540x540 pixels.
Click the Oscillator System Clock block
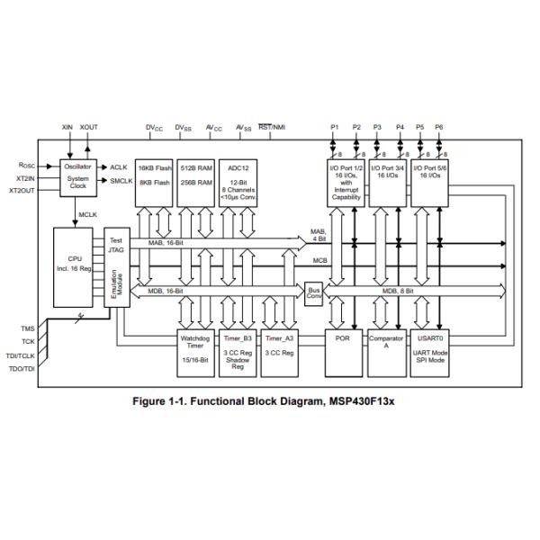tap(77, 175)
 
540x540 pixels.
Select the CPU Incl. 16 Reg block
tap(75, 262)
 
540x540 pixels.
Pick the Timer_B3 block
tap(237, 352)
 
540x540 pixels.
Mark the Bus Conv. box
tap(313, 293)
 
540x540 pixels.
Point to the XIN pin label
tap(67, 128)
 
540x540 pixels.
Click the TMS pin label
tap(28, 329)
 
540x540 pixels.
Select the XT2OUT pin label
tap(24, 191)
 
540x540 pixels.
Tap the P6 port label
tap(439, 128)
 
